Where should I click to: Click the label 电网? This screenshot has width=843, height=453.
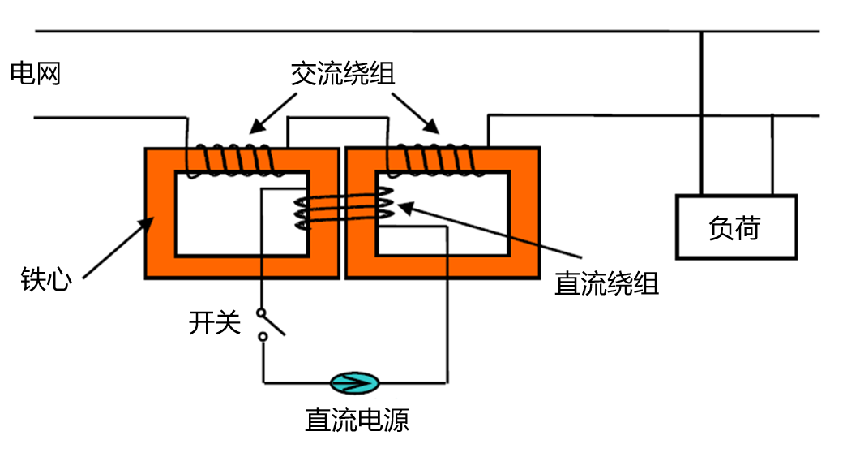point(36,74)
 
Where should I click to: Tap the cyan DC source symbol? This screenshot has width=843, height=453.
point(354,382)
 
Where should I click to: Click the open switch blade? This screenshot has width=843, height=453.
point(274,324)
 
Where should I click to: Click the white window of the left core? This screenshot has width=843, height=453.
point(227,223)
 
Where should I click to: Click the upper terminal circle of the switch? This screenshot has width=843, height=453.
point(261,313)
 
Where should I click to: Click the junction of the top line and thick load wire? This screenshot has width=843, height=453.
point(701,32)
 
